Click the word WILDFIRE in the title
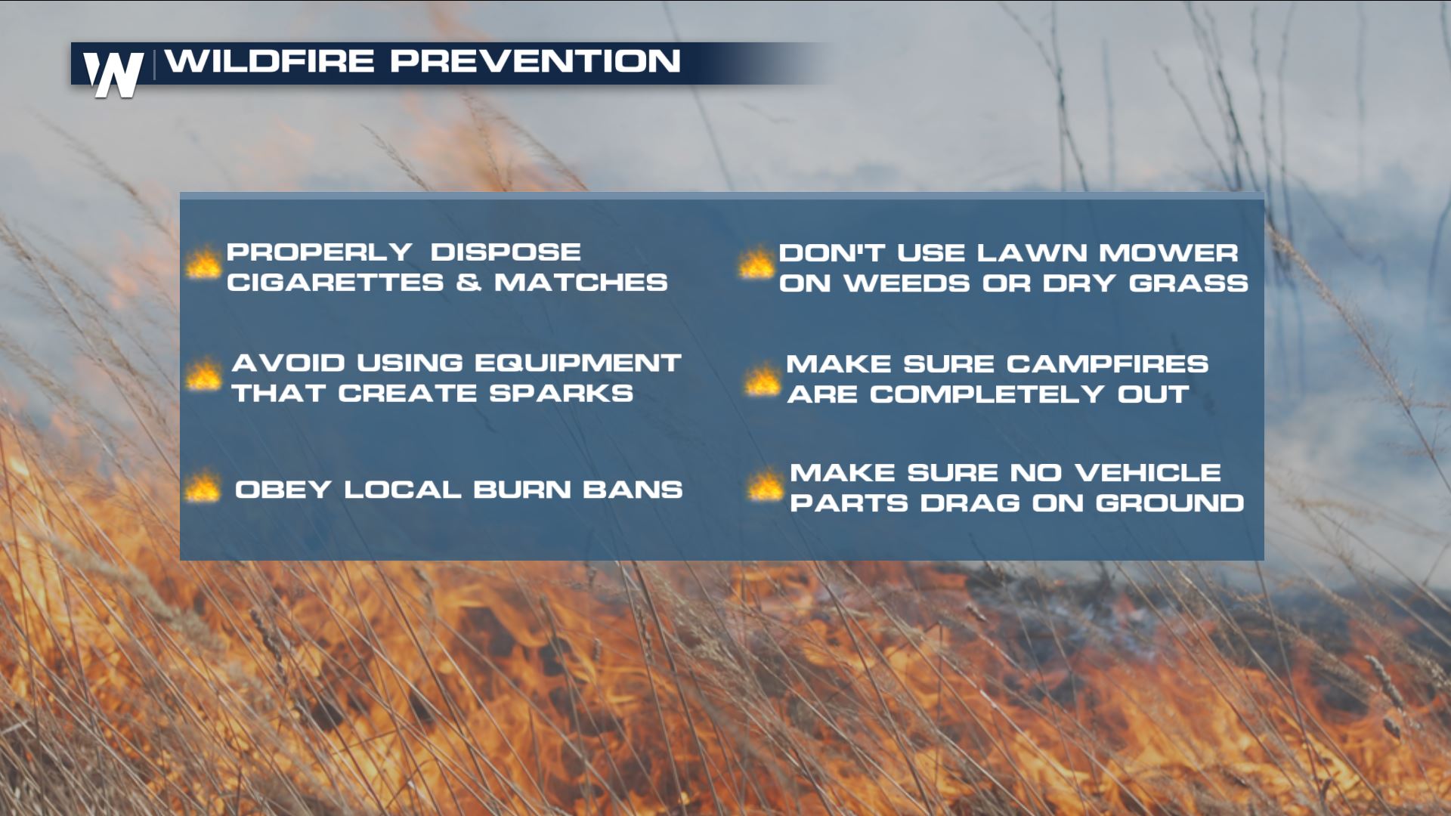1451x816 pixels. click(270, 61)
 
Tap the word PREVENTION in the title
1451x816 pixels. click(535, 61)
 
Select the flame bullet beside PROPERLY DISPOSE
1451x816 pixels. click(203, 264)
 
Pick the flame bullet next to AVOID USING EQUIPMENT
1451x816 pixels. click(204, 375)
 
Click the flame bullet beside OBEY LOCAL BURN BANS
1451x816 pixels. click(203, 487)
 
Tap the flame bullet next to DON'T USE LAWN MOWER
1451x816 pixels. click(756, 264)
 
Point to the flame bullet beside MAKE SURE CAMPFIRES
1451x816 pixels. click(762, 380)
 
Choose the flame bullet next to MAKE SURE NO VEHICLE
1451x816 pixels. click(766, 486)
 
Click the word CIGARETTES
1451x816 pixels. click(335, 283)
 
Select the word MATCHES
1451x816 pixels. click(581, 283)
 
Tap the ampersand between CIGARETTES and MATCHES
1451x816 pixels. click(469, 283)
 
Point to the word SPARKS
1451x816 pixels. click(561, 393)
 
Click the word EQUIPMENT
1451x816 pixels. click(577, 363)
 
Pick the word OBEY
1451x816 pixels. click(283, 490)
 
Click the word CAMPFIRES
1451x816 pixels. click(1107, 364)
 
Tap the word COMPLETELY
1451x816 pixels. click(987, 394)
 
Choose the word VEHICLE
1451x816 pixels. click(1147, 473)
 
